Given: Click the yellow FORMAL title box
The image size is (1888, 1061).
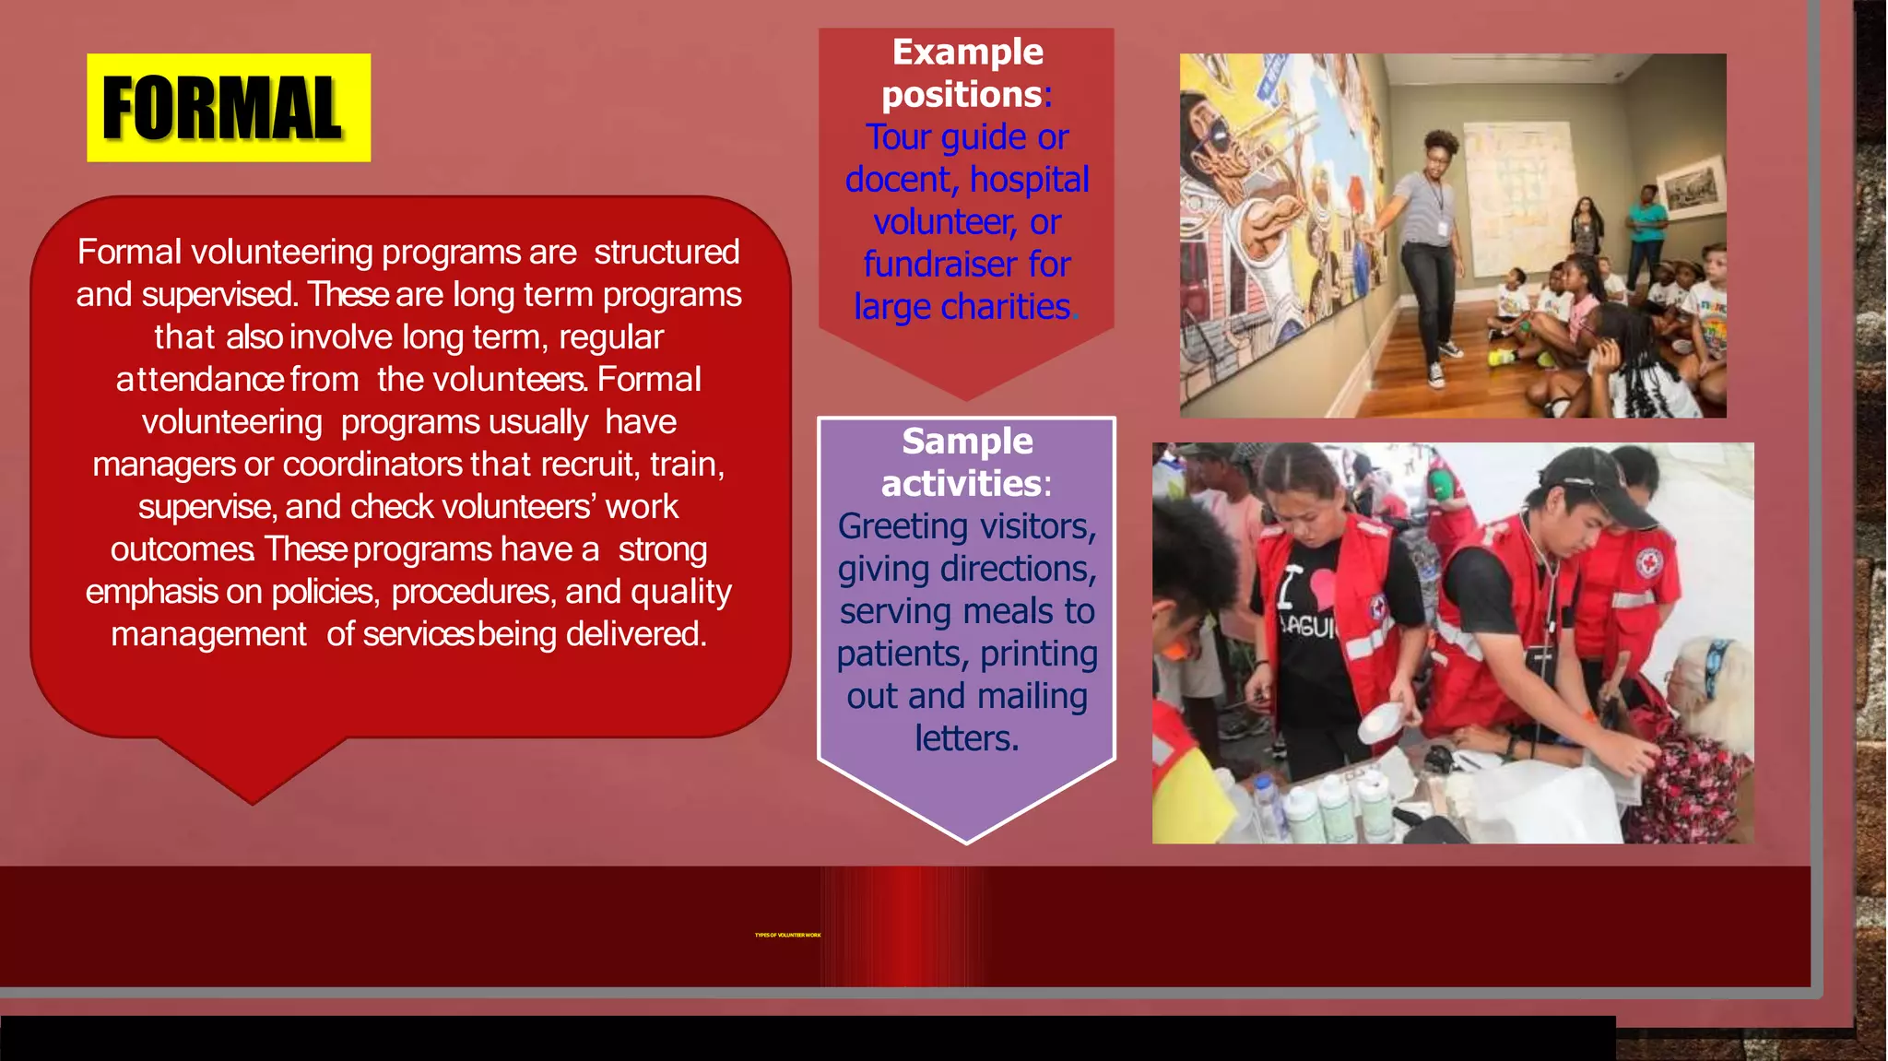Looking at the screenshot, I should tap(229, 108).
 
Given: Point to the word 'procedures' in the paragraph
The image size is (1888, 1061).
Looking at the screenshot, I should tap(473, 592).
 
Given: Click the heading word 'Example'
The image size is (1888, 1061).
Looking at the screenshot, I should tap(967, 53).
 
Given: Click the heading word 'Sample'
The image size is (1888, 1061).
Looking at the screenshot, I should tap(967, 442).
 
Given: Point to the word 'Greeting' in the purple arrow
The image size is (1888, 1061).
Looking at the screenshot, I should tap(903, 527).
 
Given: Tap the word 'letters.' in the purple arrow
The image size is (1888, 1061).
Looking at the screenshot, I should tap(967, 739).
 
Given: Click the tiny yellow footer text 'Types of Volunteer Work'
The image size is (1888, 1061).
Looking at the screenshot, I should tap(787, 935).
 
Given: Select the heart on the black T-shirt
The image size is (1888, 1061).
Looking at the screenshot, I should tap(1321, 587).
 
